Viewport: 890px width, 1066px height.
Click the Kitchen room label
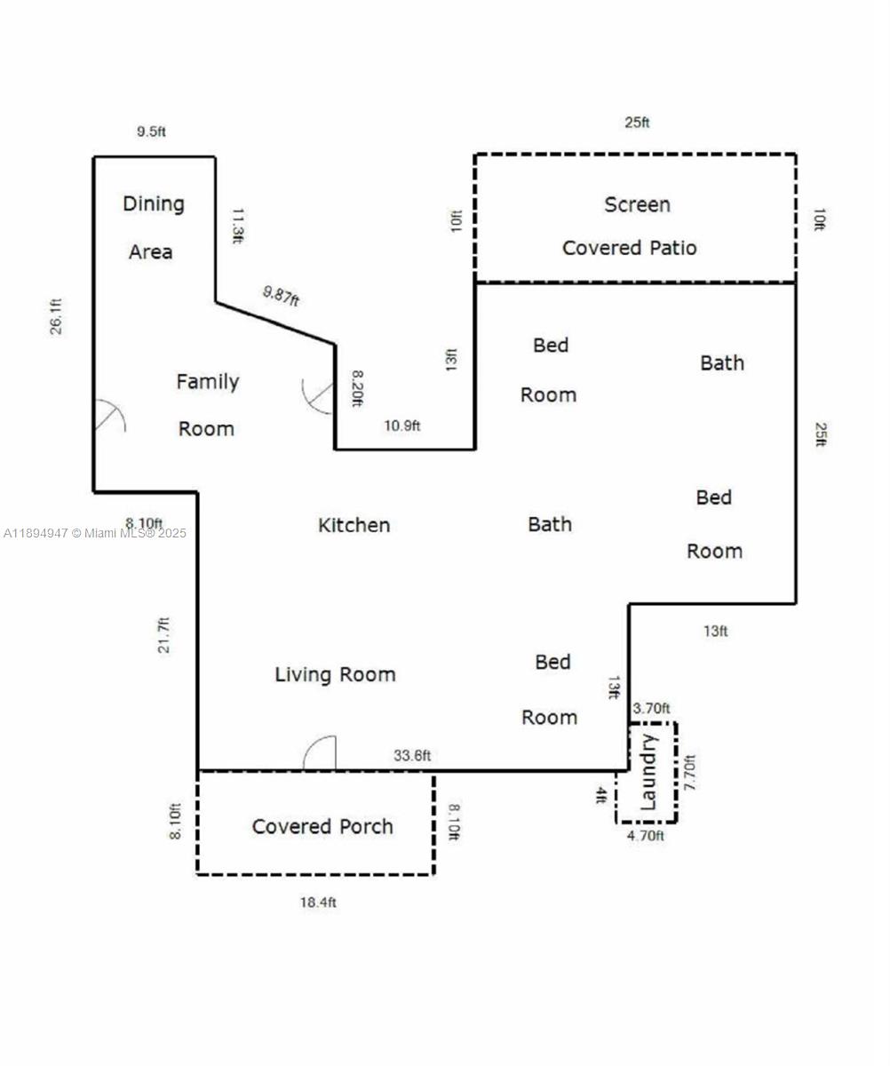click(x=354, y=525)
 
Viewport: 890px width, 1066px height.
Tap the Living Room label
click(x=335, y=675)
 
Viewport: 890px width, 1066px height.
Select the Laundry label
click(x=648, y=773)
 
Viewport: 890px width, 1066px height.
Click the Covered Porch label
click(x=322, y=827)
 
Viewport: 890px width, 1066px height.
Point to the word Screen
click(x=637, y=204)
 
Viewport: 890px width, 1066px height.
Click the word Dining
click(x=153, y=204)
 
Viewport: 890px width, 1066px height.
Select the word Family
click(x=207, y=382)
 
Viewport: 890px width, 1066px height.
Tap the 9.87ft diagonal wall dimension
click(x=281, y=296)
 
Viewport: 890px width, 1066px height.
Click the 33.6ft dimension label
click(x=412, y=755)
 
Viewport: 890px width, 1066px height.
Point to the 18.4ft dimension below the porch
click(x=318, y=903)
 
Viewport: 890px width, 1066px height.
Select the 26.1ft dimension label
click(x=56, y=316)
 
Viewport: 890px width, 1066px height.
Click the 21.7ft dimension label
click(x=164, y=635)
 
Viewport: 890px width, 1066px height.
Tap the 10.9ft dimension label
click(x=401, y=426)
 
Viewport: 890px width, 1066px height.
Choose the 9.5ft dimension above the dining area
click(x=151, y=131)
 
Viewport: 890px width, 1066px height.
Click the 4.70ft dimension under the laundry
click(x=646, y=836)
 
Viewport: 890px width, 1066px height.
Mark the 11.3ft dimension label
click(x=238, y=226)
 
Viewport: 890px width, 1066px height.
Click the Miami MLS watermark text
click(x=95, y=534)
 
